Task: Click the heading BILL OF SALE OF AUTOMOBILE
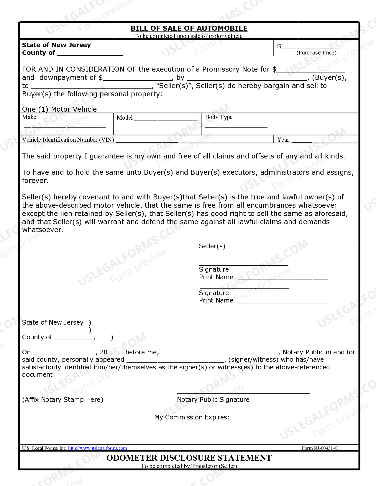(189, 28)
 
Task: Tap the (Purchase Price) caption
(316, 53)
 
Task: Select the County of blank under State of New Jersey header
(90, 54)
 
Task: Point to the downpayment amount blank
(137, 79)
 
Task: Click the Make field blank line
(64, 126)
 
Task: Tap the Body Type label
(219, 117)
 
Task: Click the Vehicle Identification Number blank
(147, 141)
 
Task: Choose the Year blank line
(302, 141)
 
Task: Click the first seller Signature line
(243, 265)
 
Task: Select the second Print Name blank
(283, 302)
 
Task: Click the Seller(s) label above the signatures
(212, 246)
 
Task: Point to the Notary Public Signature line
(243, 392)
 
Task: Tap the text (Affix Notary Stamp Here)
(63, 400)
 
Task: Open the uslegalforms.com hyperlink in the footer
(98, 448)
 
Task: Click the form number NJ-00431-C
(320, 448)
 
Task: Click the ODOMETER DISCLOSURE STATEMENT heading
(189, 458)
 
